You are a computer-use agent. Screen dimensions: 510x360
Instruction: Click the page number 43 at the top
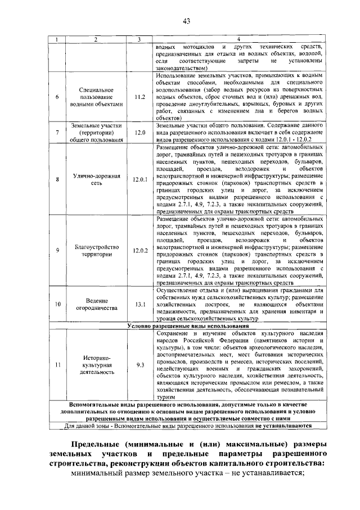[x=187, y=21]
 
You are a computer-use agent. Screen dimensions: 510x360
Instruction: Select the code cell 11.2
[x=140, y=97]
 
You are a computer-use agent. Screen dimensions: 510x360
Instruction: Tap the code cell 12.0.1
[x=140, y=179]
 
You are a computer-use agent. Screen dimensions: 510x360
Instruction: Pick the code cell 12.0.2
[x=140, y=250]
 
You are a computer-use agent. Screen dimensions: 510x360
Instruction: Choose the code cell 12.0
[x=140, y=133]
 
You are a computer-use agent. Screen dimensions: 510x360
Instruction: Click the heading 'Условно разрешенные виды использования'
[x=187, y=326]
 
